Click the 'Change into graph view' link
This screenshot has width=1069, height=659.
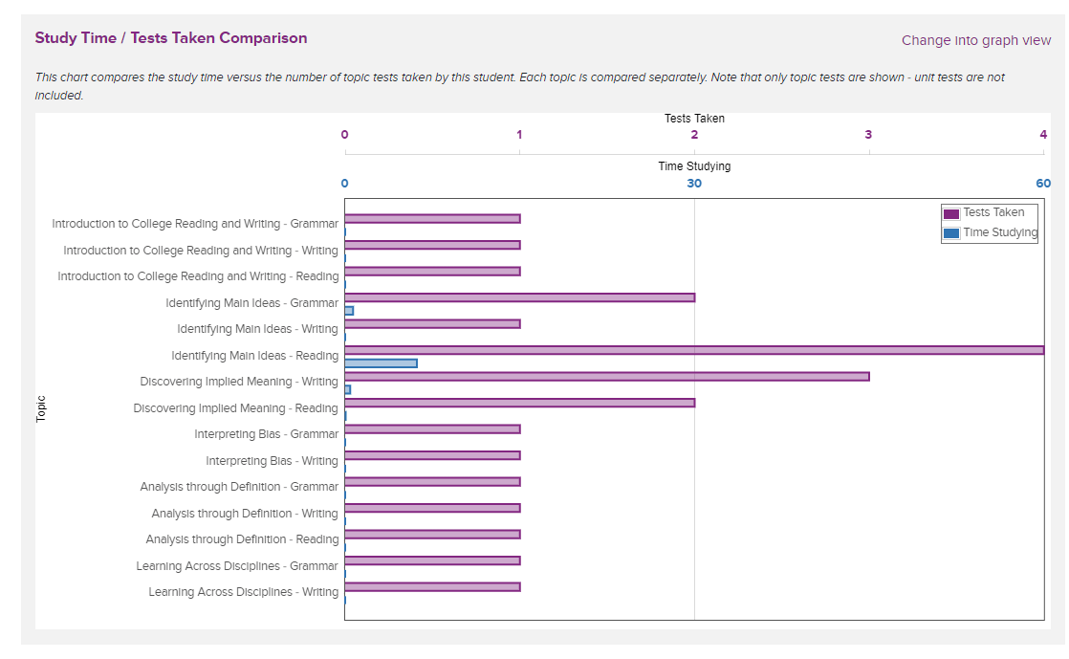975,40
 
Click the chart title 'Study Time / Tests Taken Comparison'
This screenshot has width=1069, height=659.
171,38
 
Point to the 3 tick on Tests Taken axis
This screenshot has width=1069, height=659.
868,135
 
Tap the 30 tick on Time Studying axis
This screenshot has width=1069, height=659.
694,184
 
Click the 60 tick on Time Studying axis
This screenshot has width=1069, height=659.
1042,184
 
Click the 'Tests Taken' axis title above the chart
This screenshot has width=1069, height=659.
694,119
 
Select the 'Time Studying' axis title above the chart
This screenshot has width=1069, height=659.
694,166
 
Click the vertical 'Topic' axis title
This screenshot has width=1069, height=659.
41,409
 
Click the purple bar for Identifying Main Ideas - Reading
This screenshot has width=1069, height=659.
694,350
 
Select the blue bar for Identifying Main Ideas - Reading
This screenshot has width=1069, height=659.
381,363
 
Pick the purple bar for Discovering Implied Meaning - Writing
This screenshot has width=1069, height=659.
606,376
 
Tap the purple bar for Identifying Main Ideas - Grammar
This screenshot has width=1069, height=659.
519,297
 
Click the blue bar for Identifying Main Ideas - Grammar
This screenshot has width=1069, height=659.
349,311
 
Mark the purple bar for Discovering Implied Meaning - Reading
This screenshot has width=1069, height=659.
519,403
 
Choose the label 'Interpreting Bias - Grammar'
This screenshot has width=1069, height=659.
266,434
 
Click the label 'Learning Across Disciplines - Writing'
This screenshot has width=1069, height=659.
243,592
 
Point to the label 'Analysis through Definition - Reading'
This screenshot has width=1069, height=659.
242,539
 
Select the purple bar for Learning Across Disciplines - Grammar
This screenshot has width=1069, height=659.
432,560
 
